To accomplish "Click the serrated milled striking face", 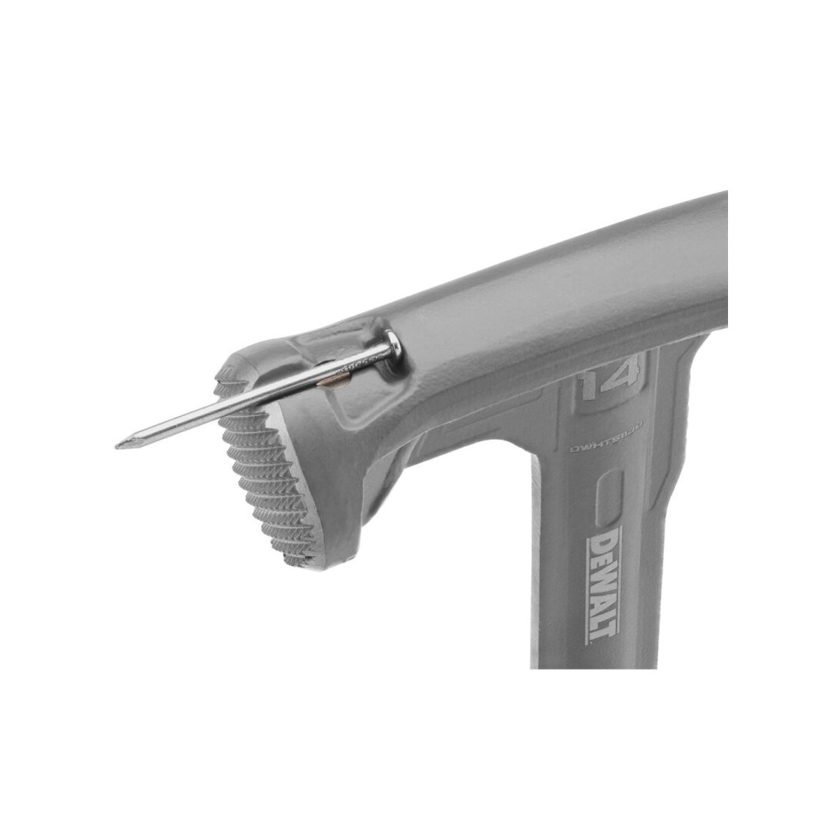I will click(x=262, y=478).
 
